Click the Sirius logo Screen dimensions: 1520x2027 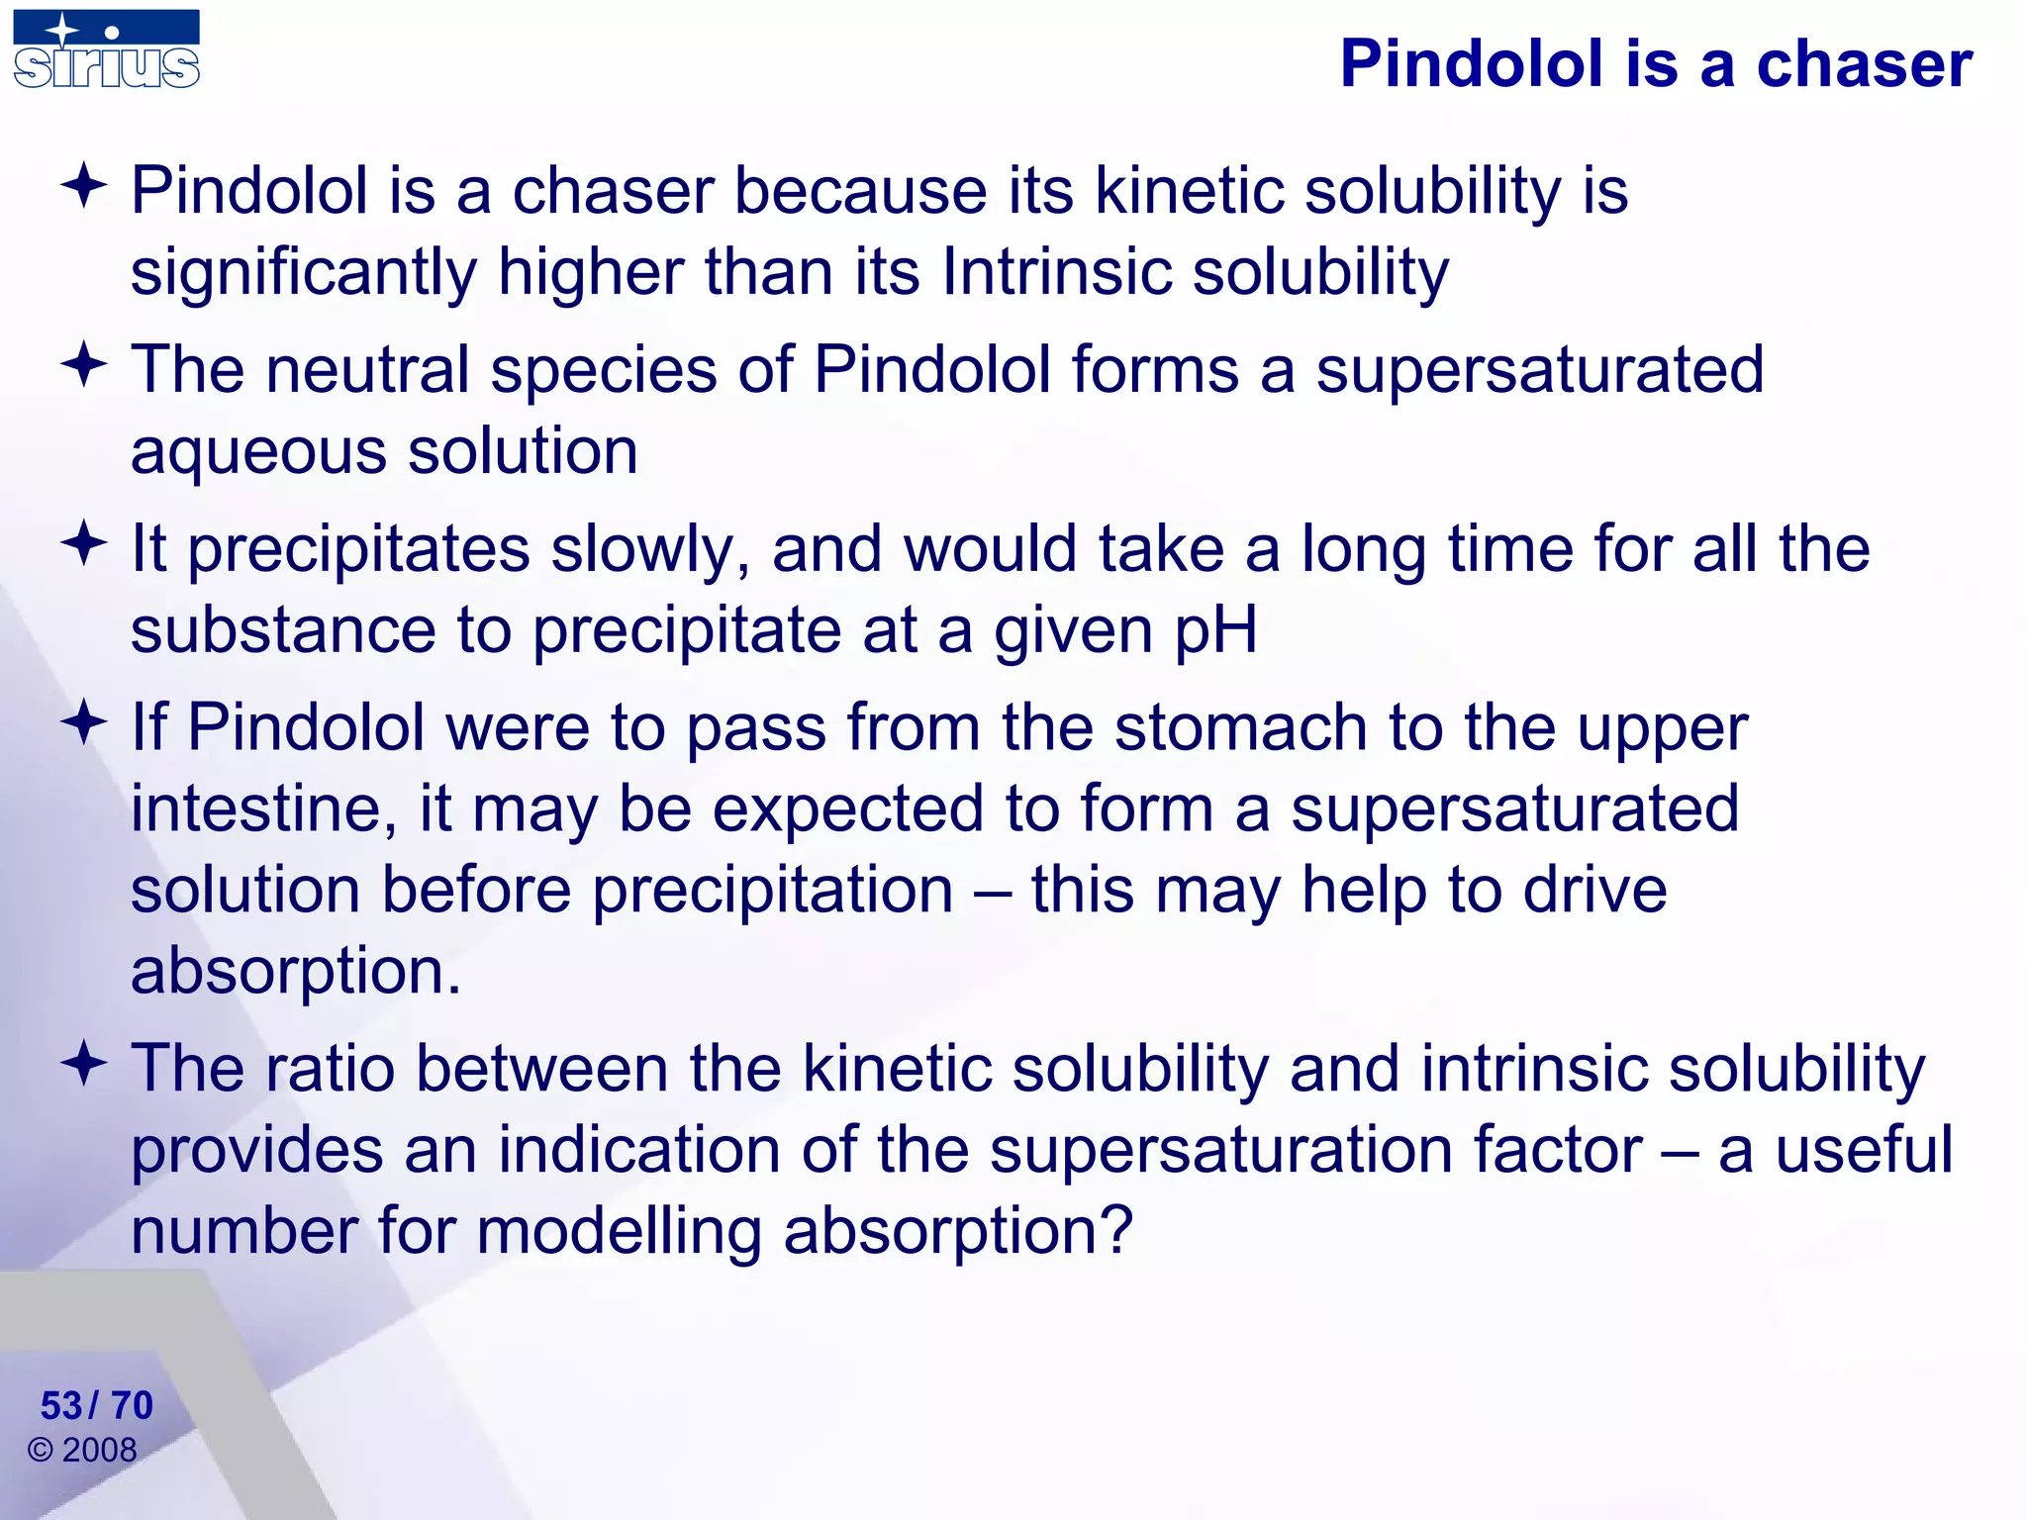[106, 50]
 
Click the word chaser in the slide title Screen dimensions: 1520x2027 [1864, 64]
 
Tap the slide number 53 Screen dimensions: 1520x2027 [60, 1405]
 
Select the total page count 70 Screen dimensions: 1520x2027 [132, 1405]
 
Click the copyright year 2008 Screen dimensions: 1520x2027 [99, 1451]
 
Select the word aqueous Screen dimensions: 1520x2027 [258, 451]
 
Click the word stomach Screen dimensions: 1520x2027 [1240, 728]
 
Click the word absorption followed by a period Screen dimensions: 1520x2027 [295, 972]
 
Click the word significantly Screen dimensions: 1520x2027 [304, 273]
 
